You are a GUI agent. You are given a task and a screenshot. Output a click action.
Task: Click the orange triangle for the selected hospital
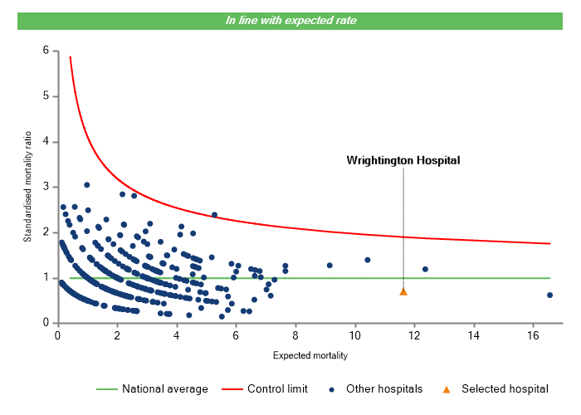403,291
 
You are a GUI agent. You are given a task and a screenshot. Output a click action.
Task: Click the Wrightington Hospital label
403,160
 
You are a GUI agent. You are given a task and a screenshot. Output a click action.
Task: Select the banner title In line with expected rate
290,21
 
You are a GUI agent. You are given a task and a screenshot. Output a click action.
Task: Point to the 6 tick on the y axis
46,51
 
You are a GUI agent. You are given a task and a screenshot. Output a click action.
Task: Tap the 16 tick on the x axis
533,335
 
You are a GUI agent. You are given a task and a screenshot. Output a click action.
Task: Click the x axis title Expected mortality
310,355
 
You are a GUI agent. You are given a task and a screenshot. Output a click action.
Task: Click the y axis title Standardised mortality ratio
27,187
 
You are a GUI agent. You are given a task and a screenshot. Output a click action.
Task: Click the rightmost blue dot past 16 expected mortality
549,295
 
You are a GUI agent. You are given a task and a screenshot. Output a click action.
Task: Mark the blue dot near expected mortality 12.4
425,269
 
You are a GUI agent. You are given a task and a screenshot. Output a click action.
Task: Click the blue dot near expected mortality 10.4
368,260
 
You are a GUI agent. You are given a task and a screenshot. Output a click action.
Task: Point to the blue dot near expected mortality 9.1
330,265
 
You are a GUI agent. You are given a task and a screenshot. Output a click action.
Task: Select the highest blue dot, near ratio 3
86,185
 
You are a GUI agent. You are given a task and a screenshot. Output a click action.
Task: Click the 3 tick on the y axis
46,187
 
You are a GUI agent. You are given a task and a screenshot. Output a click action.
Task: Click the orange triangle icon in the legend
446,388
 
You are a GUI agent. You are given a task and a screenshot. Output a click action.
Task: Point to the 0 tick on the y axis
46,324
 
